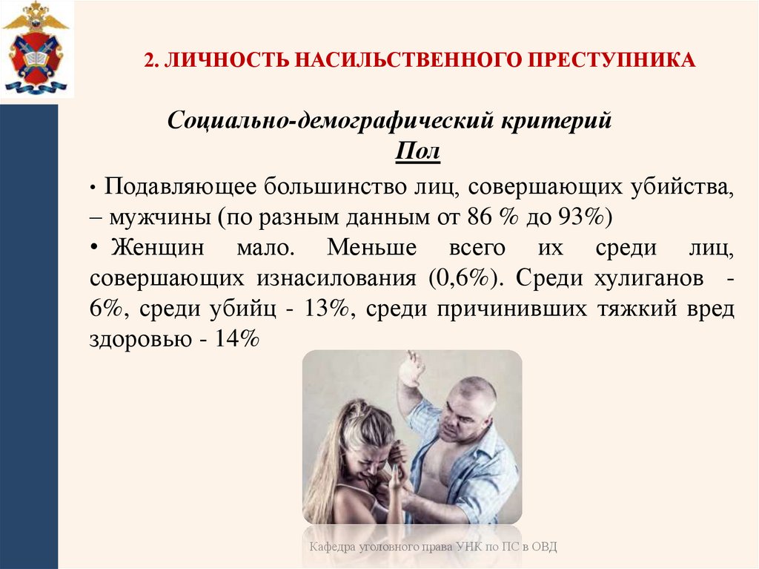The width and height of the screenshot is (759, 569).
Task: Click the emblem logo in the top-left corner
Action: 35,49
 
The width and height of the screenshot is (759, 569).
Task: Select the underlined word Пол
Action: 418,153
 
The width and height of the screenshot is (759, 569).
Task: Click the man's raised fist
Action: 411,368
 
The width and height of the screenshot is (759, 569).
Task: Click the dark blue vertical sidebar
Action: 29,334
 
